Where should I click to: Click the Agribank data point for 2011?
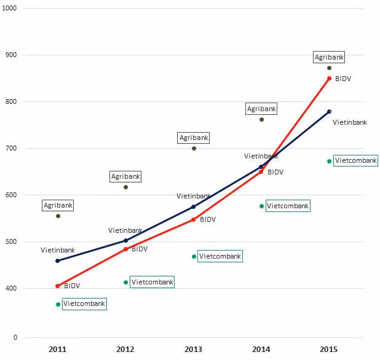pos(58,216)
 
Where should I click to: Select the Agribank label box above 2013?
pos(194,138)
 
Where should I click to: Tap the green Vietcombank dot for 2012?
pos(126,282)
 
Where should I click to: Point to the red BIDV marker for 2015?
pos(329,79)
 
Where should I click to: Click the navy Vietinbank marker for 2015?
pos(329,112)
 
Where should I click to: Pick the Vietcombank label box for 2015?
pos(355,160)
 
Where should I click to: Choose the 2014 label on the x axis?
pos(261,349)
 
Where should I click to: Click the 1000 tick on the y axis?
pos(9,8)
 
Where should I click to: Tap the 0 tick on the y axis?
pos(15,337)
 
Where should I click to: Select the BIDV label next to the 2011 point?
pos(72,286)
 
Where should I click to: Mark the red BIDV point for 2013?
pos(194,220)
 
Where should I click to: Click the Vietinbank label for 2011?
pos(58,250)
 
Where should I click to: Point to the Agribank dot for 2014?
pos(261,120)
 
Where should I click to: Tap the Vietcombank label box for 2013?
pos(220,256)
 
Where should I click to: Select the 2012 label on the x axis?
pos(125,349)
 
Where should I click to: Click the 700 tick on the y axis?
pos(11,148)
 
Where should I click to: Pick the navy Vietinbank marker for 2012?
pos(125,240)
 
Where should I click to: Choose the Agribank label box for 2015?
pos(329,57)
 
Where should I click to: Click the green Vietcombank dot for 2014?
pos(261,206)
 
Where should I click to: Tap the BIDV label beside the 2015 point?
pos(343,79)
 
